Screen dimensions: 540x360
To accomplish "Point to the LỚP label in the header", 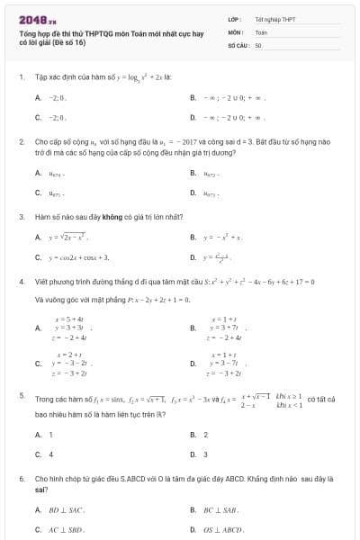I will point(233,18).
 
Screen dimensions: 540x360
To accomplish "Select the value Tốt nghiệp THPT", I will point(275,18).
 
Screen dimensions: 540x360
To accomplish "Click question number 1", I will point(21,77).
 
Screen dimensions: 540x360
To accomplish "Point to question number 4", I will point(21,282).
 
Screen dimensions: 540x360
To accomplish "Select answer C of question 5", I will point(49,454).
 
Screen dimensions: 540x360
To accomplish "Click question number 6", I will point(21,480).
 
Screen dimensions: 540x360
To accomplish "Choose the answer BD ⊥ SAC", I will point(64,509).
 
